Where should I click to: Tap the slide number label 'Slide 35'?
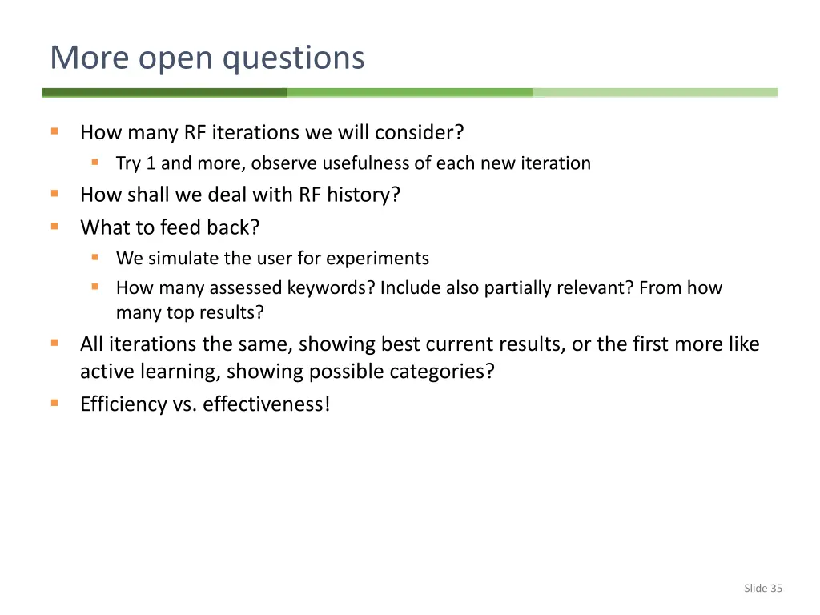point(762,589)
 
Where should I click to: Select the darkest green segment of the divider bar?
point(164,93)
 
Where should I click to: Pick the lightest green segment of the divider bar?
point(655,93)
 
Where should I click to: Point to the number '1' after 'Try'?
point(151,163)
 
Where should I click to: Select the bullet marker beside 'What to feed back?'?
point(54,227)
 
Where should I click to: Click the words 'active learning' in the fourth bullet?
point(149,372)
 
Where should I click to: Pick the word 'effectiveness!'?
point(266,404)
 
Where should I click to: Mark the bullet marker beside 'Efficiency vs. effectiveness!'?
point(54,403)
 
